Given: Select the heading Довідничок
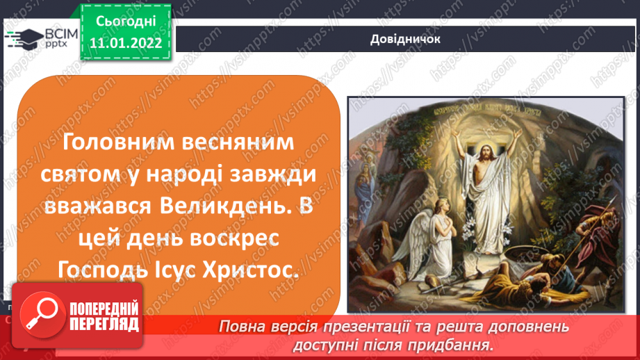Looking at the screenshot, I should pyautogui.click(x=405, y=39).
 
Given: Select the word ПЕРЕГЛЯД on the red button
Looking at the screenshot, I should pyautogui.click(x=103, y=323).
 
